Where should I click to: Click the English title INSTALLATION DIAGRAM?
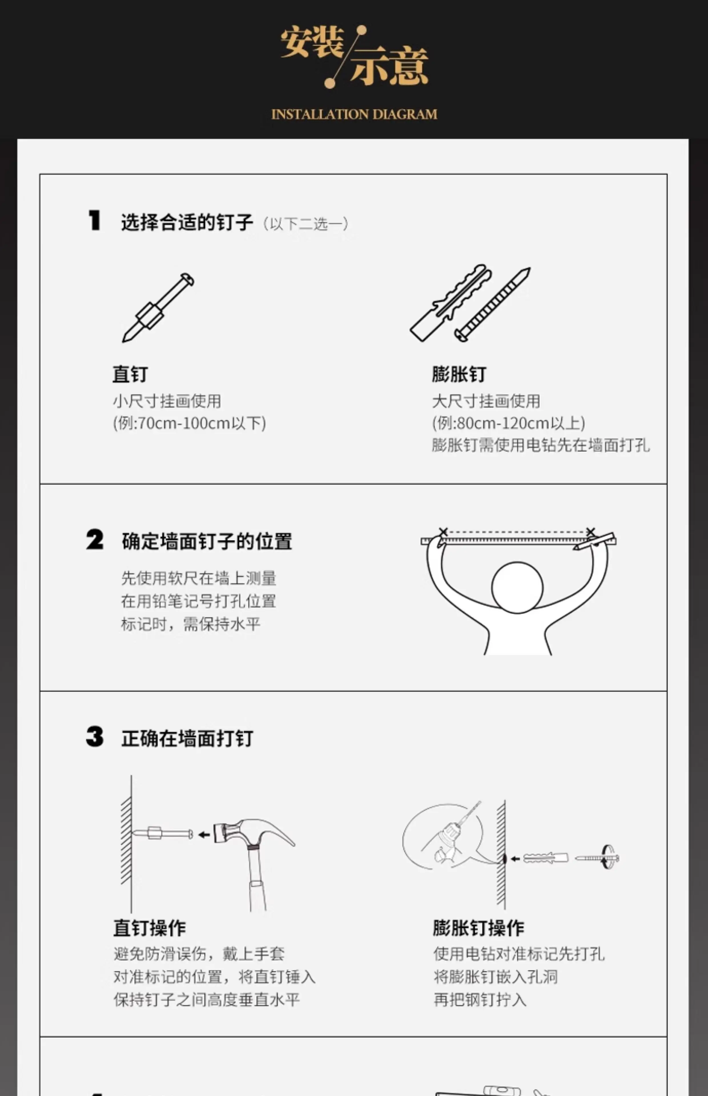point(354,114)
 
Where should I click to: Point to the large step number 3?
point(95,737)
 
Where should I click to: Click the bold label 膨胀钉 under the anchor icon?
point(459,374)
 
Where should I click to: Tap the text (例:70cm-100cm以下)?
point(189,423)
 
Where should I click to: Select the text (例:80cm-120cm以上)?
point(508,423)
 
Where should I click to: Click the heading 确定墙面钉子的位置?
point(207,541)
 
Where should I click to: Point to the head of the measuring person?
point(517,587)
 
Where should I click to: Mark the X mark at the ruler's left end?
point(443,532)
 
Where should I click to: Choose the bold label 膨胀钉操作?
point(478,928)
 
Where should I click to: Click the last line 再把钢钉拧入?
point(480,1000)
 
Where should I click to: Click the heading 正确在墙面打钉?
point(187,738)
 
